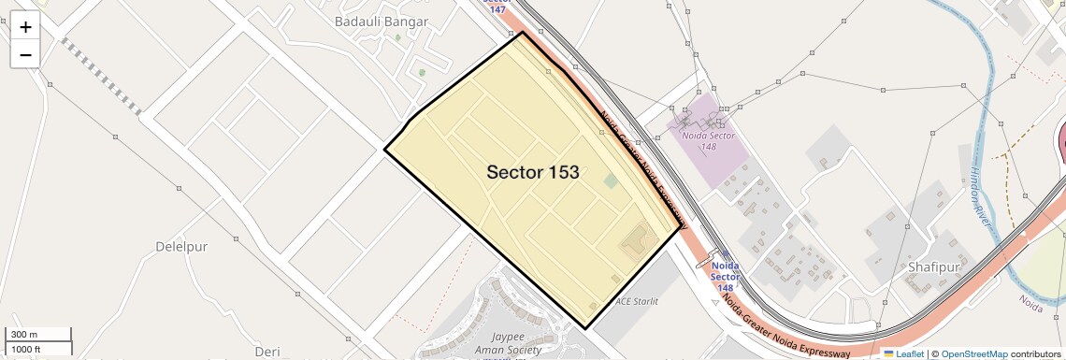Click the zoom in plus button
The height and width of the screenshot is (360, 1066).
[25, 27]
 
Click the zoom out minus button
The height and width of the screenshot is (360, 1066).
[25, 55]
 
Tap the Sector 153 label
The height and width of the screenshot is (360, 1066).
[533, 172]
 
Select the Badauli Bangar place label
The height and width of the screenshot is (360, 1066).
[382, 22]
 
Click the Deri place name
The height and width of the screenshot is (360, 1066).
[266, 352]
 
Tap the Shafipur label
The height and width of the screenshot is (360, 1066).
[933, 266]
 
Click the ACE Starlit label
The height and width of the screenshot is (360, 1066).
[637, 301]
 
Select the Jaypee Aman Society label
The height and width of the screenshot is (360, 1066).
[515, 343]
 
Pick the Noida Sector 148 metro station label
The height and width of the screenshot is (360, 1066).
[725, 276]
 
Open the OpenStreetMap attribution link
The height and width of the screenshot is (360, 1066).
[974, 353]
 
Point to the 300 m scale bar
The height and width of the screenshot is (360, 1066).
[38, 334]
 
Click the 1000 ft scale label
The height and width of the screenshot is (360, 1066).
[38, 349]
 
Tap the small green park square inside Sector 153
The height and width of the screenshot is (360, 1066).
[611, 180]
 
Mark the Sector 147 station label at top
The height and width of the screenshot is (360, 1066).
[497, 6]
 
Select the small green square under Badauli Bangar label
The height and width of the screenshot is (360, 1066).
[421, 72]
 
